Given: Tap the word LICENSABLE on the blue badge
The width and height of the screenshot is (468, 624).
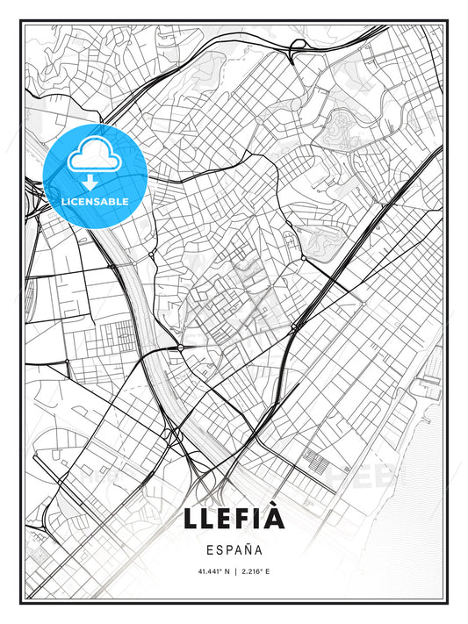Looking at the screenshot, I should (95, 201).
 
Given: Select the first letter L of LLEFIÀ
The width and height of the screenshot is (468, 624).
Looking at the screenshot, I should (194, 519).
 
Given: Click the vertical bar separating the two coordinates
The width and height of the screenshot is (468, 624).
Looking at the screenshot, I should (234, 573).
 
